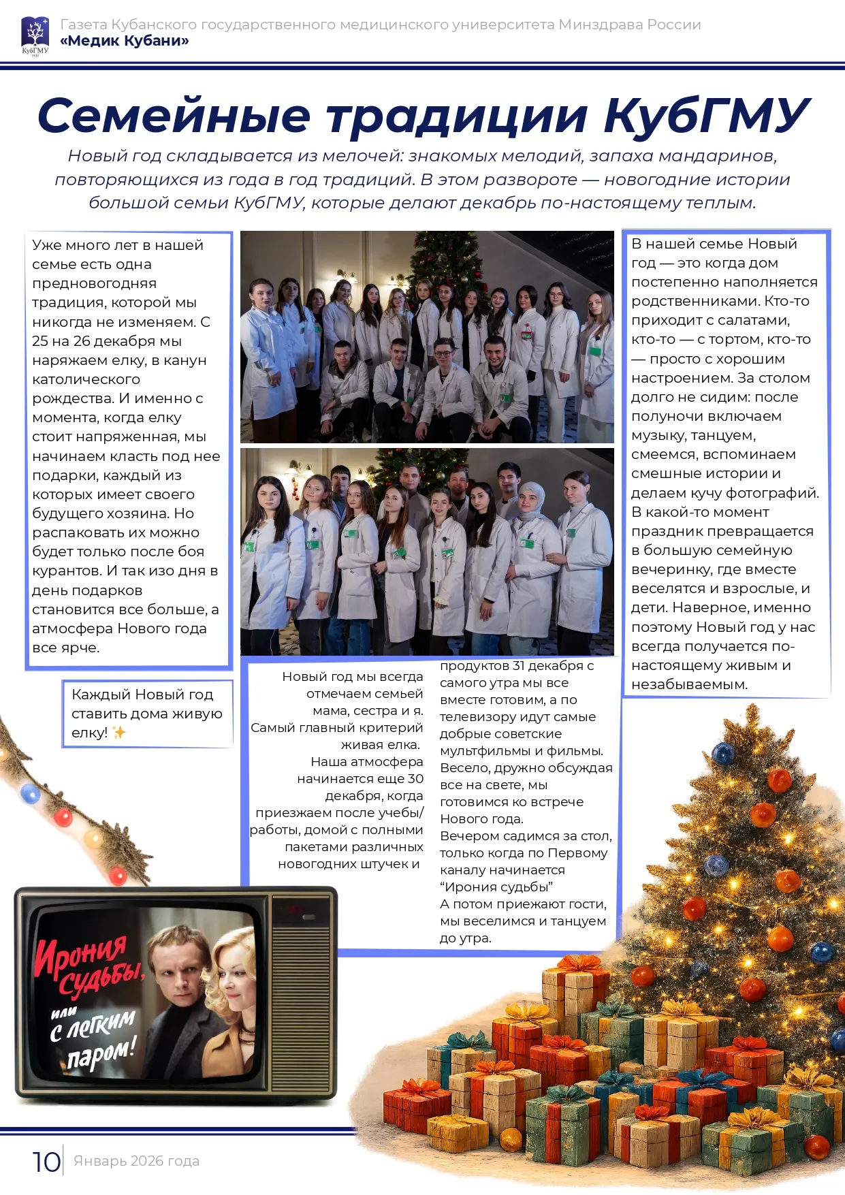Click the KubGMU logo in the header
click(35, 35)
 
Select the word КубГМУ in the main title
click(706, 115)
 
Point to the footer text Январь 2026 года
click(136, 1161)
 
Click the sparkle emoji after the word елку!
click(118, 733)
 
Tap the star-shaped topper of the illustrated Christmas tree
click(752, 716)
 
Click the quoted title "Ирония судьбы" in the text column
click(496, 887)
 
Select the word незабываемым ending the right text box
click(689, 684)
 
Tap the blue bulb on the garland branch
click(30, 794)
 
